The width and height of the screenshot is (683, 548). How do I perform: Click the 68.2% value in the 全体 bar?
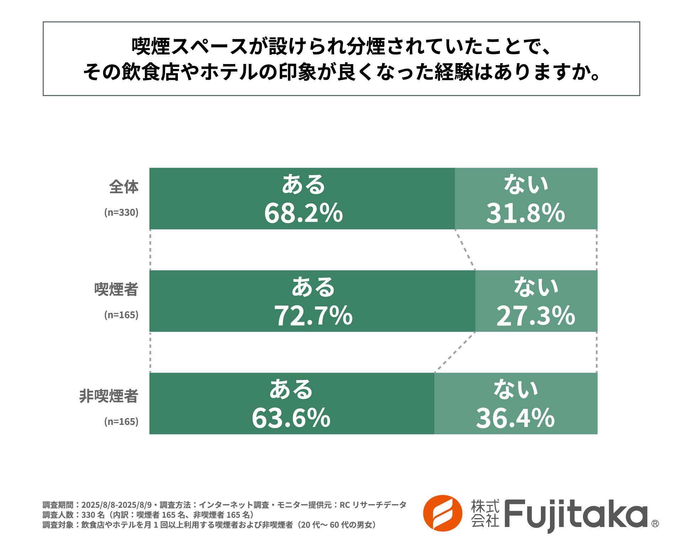pos(303,213)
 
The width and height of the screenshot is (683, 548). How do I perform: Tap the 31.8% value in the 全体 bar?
pos(525,213)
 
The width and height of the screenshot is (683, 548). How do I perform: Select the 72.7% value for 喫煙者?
pos(313,316)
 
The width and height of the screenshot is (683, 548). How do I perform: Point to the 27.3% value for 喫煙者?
pos(536,316)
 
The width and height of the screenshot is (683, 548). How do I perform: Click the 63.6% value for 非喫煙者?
pos(291,418)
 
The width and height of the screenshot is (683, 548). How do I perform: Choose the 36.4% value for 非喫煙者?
pos(515,418)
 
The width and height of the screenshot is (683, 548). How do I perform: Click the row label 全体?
pos(123,187)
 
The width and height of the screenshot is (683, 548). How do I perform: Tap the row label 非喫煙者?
pos(108,396)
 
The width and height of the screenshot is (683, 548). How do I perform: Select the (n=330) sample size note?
pos(121,212)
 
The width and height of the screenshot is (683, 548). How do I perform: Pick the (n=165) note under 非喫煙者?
pos(121,422)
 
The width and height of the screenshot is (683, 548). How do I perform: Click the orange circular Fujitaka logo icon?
pos(443,513)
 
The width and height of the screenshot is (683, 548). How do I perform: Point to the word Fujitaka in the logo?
pos(576,515)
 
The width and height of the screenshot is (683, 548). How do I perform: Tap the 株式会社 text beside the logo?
pos(485,513)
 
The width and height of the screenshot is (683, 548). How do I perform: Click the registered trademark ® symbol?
pos(655,523)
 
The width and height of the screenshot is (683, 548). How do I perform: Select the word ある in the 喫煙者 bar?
pos(313,287)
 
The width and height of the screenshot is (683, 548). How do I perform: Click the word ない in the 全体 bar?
pos(526,185)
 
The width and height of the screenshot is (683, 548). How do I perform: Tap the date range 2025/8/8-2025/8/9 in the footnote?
pos(116,505)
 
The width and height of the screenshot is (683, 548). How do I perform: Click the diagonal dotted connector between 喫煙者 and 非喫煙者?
pos(455,352)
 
